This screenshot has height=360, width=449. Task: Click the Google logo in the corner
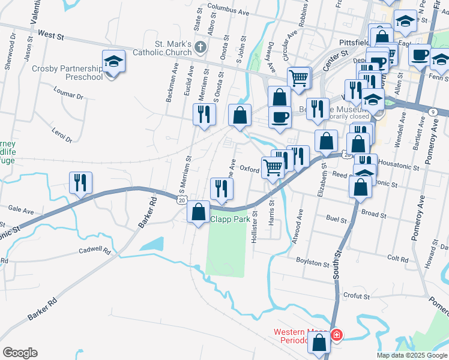pos(20,353)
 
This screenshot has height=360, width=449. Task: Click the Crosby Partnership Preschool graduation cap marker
pos(112,62)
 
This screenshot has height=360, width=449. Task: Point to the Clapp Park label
pos(230,220)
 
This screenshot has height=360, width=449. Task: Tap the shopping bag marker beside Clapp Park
pos(199,212)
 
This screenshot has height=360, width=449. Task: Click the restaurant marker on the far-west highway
pos(80,182)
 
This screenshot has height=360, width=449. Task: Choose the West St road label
pos(50,36)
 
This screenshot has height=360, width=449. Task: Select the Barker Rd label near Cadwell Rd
pos(147,213)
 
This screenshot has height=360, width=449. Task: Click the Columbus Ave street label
pos(229,8)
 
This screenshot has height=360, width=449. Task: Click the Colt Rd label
pos(398,258)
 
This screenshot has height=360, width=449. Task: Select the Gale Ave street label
pos(21,210)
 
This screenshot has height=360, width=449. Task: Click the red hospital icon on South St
pos(336,334)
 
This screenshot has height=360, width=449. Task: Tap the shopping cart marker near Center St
pos(298,77)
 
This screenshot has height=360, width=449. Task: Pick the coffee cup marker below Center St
pos(279,116)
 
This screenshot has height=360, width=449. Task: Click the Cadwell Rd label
pos(95,250)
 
